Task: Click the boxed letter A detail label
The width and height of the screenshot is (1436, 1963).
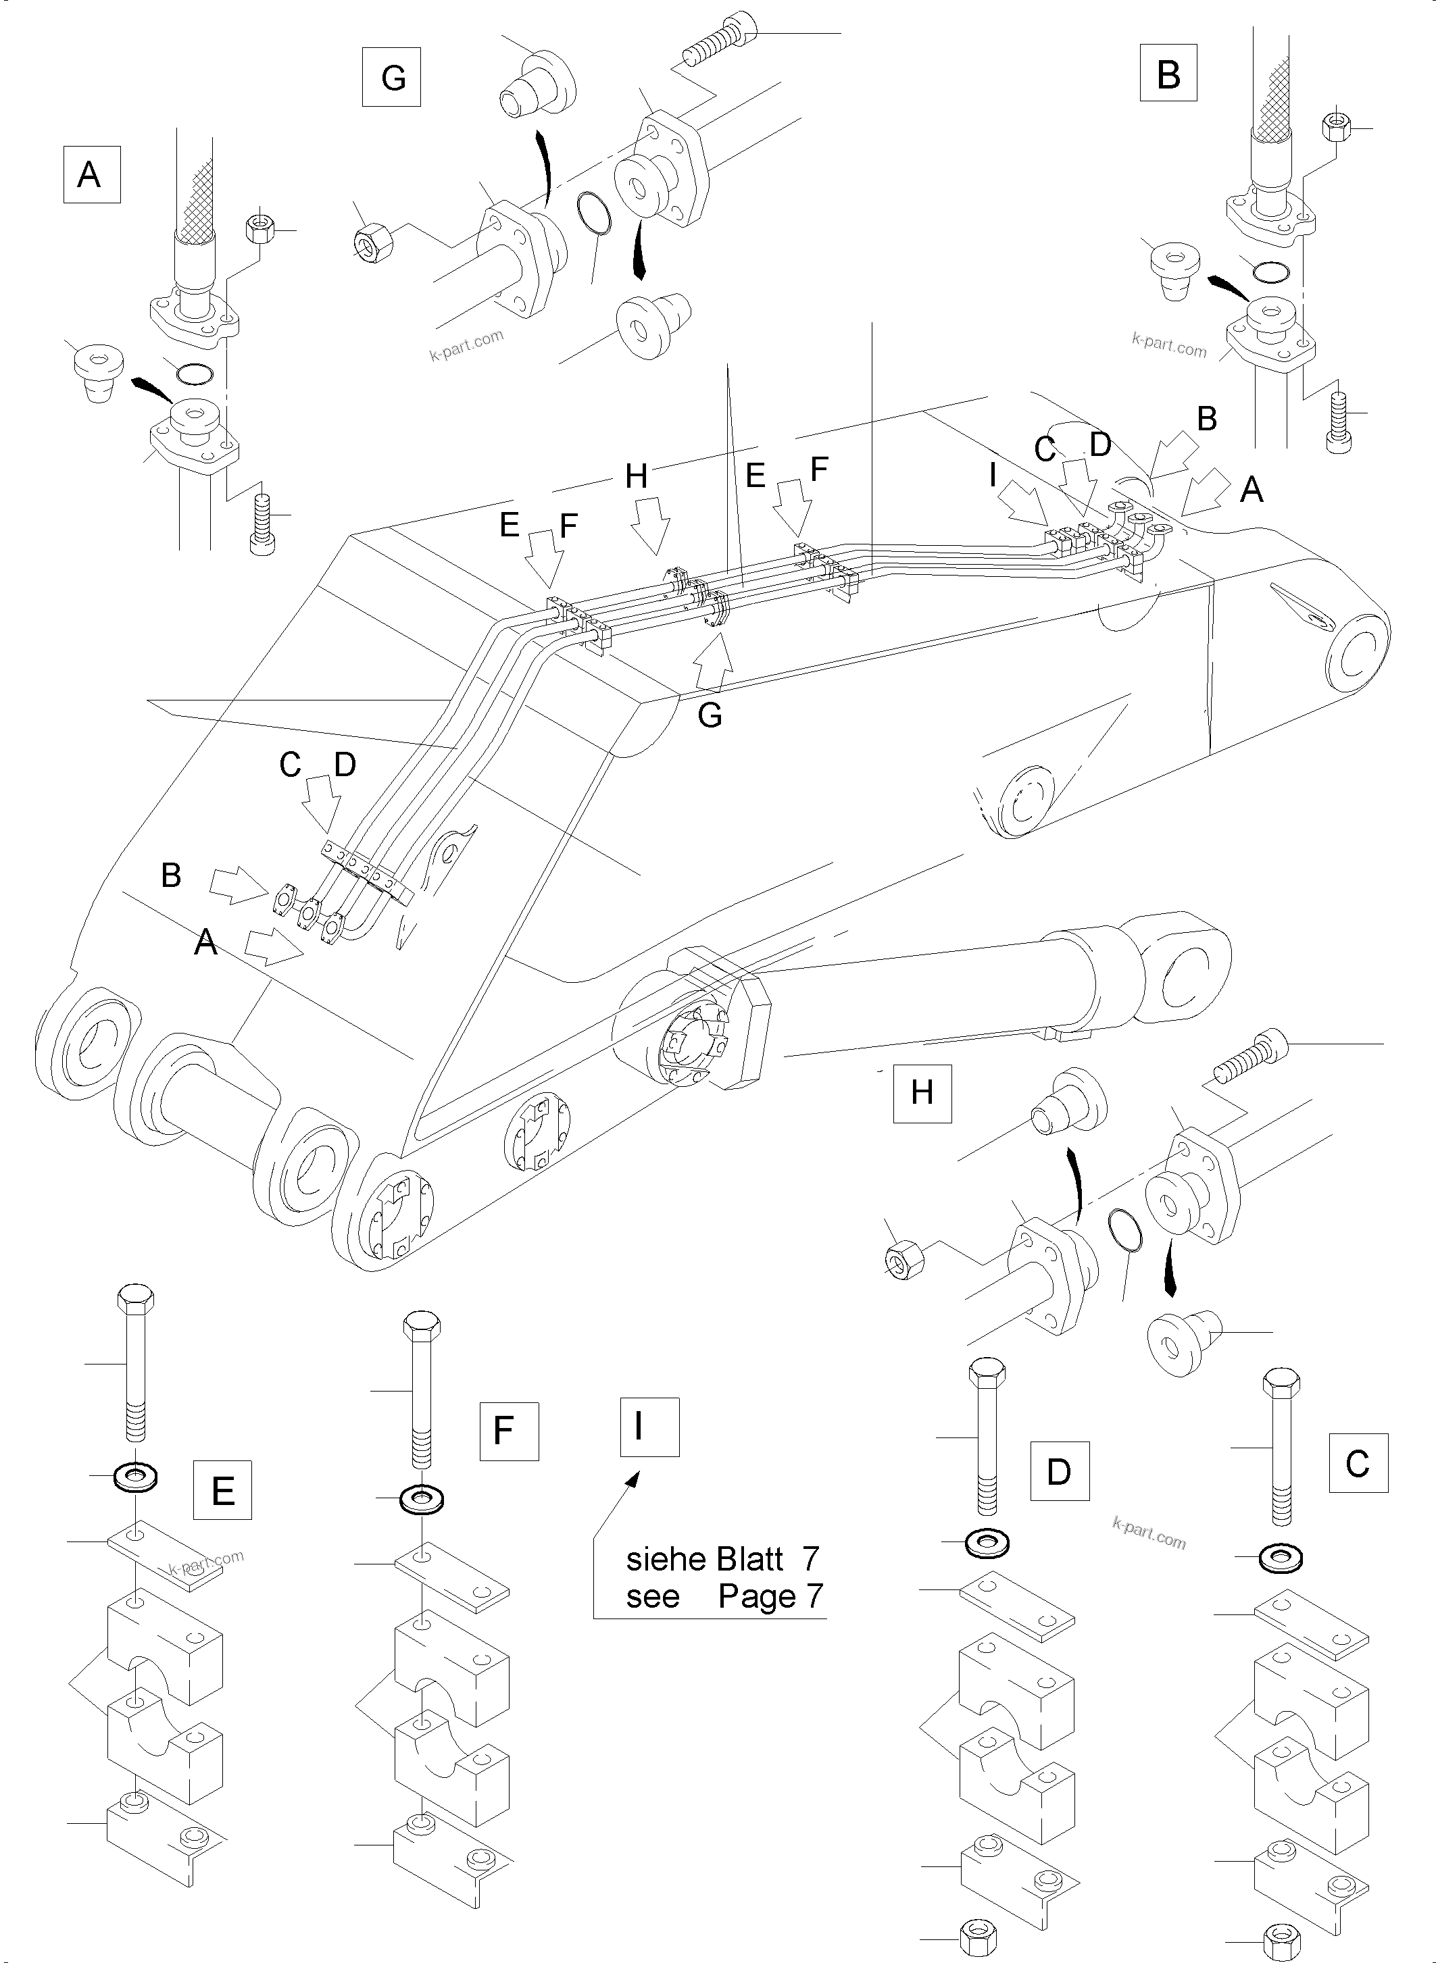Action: click(x=91, y=175)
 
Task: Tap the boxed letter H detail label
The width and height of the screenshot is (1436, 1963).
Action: click(x=922, y=1092)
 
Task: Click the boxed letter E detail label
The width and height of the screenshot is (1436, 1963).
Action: click(x=222, y=1489)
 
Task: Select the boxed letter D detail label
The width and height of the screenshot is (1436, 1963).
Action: click(x=1059, y=1471)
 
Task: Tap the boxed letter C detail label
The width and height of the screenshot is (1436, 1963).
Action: click(x=1358, y=1463)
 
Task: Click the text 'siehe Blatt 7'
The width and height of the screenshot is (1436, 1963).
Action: click(x=722, y=1559)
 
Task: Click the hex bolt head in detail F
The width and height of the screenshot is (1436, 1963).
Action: click(x=422, y=1326)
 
